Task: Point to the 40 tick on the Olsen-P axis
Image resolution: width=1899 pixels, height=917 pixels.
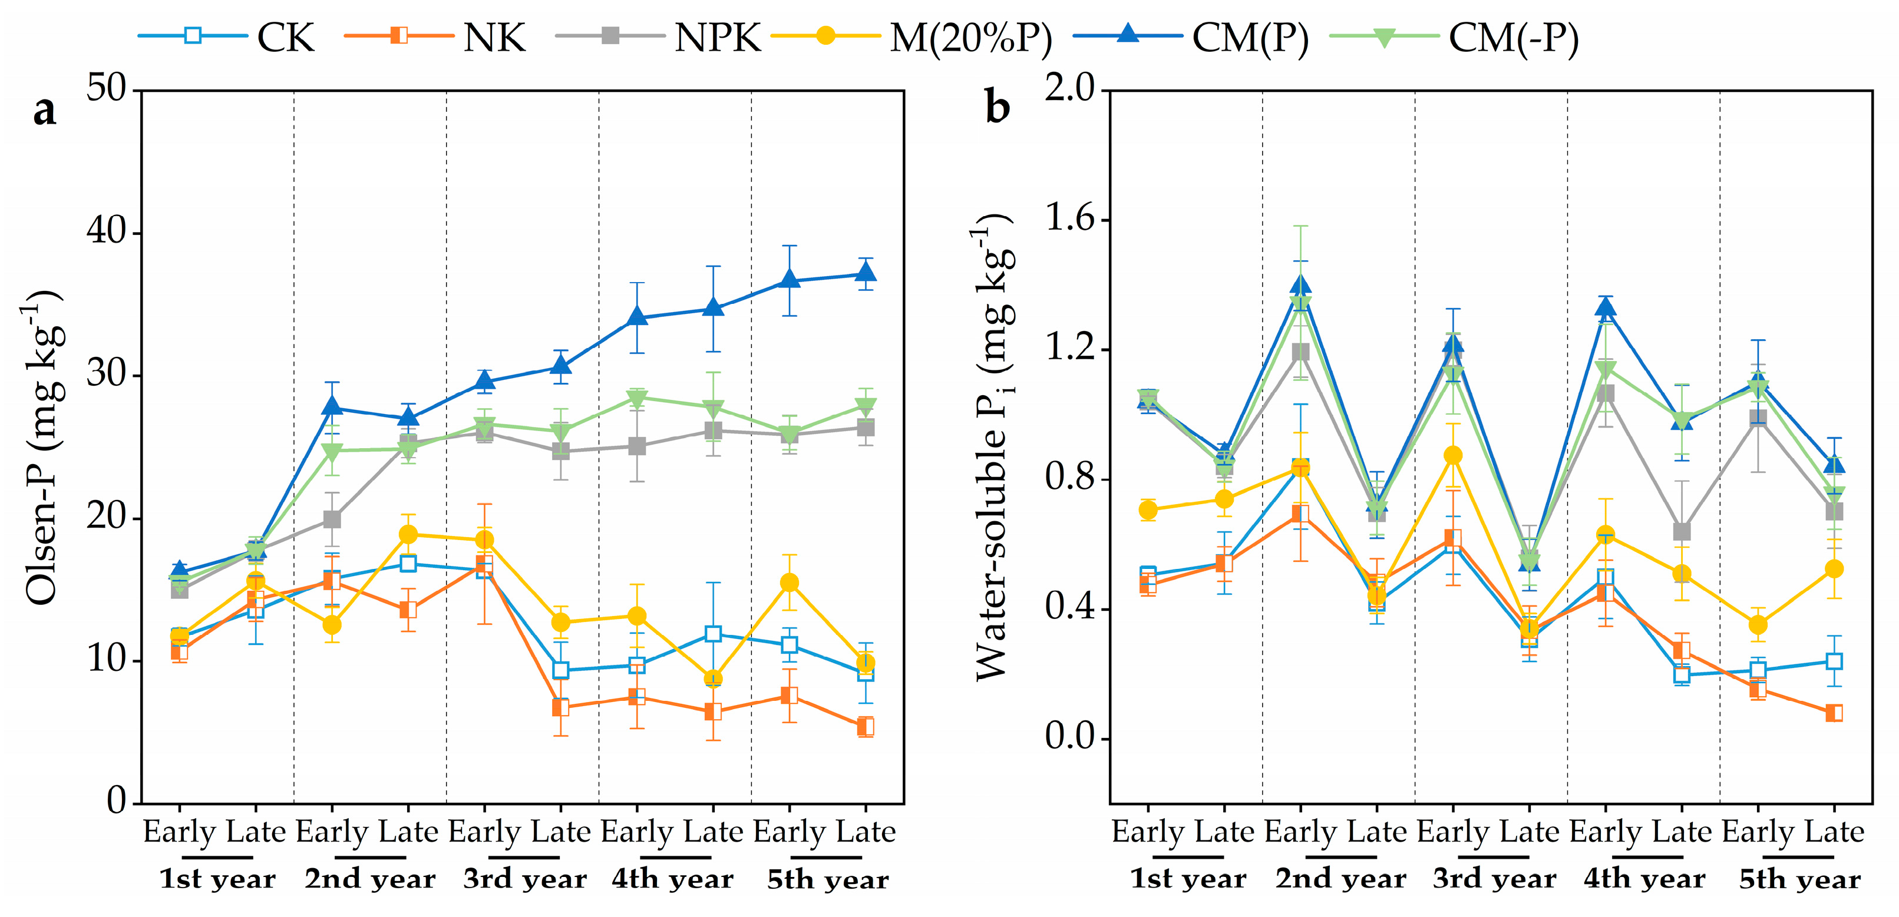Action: click(x=107, y=231)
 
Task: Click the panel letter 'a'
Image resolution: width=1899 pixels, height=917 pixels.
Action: click(x=44, y=111)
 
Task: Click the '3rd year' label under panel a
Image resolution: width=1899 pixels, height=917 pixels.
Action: click(x=524, y=879)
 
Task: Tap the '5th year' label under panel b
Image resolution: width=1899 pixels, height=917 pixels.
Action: click(x=1799, y=879)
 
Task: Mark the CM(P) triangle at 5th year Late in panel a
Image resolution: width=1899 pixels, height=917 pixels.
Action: click(x=866, y=273)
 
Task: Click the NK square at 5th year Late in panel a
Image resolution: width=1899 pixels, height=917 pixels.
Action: click(x=866, y=726)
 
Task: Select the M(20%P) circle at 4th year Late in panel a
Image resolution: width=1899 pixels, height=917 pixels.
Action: click(x=713, y=678)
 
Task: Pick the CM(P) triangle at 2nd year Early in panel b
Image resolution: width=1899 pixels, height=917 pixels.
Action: click(x=1300, y=285)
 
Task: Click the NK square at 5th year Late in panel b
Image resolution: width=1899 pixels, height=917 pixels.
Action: click(x=1834, y=712)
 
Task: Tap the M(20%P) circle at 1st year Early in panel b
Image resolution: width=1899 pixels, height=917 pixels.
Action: click(x=1148, y=509)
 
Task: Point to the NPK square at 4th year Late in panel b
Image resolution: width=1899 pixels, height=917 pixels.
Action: click(x=1682, y=531)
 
